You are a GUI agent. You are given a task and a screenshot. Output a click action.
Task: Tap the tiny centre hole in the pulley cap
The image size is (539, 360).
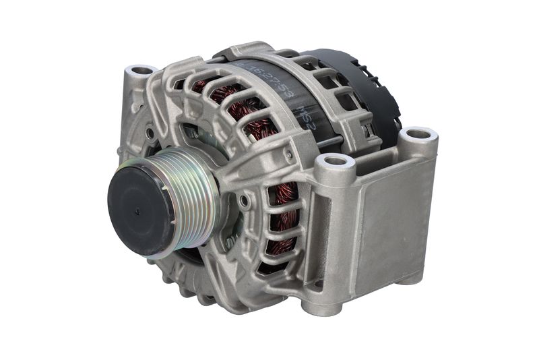point(137,211)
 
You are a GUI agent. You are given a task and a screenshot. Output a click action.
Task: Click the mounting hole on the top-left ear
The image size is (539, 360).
point(142,70)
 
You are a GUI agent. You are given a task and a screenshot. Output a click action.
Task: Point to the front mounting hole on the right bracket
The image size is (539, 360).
point(335,162)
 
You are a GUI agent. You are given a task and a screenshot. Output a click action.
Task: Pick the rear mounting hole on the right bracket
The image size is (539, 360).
point(418,134)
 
